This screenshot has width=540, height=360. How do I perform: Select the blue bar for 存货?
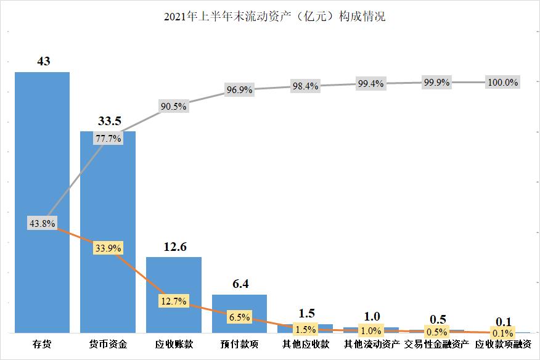click(x=42, y=154)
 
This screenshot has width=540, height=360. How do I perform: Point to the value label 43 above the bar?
click(x=43, y=62)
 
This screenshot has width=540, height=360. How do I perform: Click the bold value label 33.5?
click(x=108, y=121)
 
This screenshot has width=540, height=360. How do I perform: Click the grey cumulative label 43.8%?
click(x=42, y=224)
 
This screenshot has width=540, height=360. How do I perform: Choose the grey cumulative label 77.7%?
click(x=108, y=139)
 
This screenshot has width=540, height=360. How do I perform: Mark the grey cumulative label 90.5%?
click(x=174, y=106)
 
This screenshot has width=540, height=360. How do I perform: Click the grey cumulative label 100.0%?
click(x=503, y=82)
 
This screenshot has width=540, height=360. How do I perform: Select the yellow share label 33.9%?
click(x=108, y=248)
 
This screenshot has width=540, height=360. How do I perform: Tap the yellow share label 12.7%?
click(x=174, y=301)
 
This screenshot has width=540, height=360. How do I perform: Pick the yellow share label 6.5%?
click(x=239, y=317)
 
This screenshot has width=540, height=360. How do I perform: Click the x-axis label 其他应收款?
click(x=306, y=344)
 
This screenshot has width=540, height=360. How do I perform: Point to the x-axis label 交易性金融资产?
click(x=436, y=344)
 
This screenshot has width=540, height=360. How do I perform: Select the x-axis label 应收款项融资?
click(x=504, y=344)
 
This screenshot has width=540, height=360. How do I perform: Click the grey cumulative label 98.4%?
click(x=305, y=86)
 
